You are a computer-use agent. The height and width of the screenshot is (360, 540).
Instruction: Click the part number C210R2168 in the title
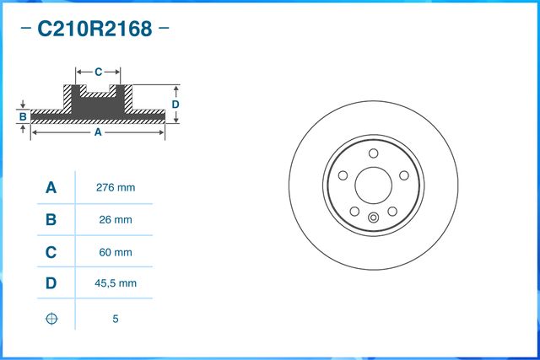coord(94,30)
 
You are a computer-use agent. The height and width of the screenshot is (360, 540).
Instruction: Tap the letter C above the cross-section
coord(98,71)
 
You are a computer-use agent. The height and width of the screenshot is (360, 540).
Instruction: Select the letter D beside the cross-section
coord(175,104)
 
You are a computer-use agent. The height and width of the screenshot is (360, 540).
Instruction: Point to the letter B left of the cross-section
coord(24,116)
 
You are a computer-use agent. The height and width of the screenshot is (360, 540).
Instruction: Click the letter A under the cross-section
coord(97,132)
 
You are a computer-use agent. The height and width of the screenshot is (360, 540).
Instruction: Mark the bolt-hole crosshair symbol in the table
coord(51,319)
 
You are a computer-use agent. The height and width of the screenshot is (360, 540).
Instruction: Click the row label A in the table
coord(51,188)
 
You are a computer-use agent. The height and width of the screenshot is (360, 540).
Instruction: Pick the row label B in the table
coord(51,220)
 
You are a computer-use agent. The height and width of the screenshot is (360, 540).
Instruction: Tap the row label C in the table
coord(51,252)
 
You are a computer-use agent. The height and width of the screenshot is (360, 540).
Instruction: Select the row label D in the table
coord(51,284)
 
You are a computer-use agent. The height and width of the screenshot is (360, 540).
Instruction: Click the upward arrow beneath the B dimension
coord(24,127)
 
